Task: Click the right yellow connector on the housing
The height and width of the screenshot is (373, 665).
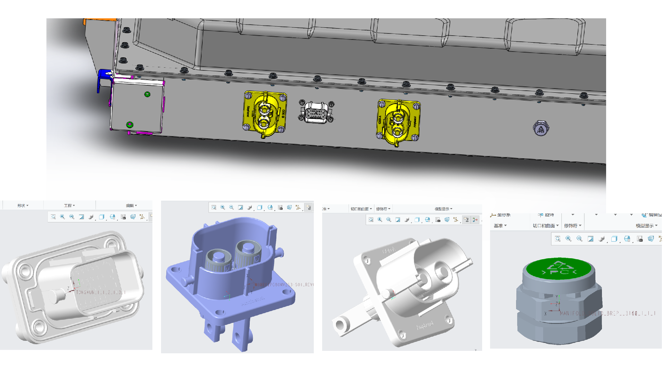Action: point(398,122)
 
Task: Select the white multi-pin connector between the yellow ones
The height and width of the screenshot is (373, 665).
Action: point(316,112)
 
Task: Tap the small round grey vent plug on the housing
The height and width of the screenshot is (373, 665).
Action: point(540,129)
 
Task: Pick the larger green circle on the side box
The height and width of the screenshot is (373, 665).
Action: point(130,124)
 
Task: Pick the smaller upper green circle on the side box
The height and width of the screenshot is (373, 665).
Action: point(147,94)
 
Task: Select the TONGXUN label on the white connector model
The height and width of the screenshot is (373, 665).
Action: point(100,292)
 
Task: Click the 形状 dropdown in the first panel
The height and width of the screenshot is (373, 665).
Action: point(23,205)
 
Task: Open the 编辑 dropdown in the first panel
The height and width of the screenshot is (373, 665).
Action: point(131,205)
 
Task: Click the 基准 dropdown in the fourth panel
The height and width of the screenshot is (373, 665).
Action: point(500,226)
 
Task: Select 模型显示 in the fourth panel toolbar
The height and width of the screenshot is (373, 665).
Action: point(646,226)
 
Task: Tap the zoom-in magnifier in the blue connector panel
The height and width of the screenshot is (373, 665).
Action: point(223,207)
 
